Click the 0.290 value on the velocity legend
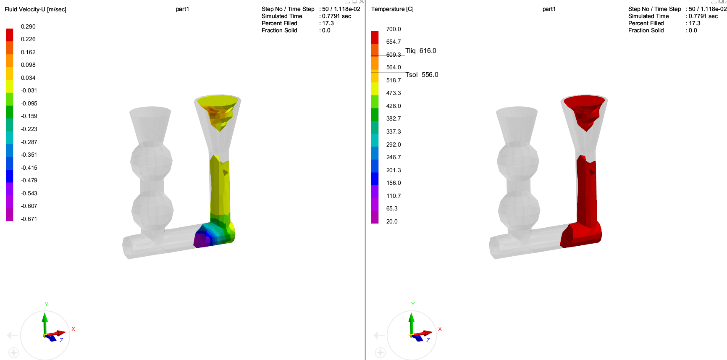tap(28, 26)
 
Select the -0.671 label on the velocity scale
tap(29, 219)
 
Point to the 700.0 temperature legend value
tap(394, 29)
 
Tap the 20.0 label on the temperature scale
tap(392, 221)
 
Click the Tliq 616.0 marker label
tap(421, 51)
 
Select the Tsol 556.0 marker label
tap(422, 75)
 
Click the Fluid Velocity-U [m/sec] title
tap(35, 9)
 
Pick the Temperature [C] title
tap(392, 9)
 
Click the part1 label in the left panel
tap(182, 9)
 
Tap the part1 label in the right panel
tap(549, 9)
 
